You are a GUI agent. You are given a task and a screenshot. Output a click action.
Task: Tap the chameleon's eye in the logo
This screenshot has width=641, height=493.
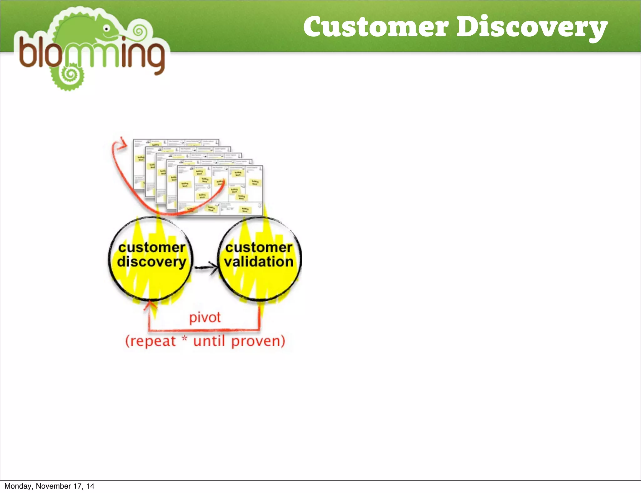pyautogui.click(x=107, y=29)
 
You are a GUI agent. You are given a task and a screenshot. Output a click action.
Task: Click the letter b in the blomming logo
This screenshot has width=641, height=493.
pyautogui.click(x=28, y=52)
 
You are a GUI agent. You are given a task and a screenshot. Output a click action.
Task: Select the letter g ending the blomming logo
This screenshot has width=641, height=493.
pyautogui.click(x=153, y=58)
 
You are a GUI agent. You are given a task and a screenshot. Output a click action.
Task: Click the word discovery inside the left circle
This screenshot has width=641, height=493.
pyautogui.click(x=151, y=262)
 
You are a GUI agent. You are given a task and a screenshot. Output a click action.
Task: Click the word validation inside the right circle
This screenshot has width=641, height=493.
pyautogui.click(x=259, y=262)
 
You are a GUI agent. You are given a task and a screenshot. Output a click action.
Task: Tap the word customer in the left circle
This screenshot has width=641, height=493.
pyautogui.click(x=152, y=247)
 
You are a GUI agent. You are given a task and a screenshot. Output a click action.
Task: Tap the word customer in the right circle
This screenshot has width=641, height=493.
pyautogui.click(x=259, y=247)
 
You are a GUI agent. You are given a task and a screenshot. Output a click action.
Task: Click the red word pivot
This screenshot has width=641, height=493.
pyautogui.click(x=205, y=318)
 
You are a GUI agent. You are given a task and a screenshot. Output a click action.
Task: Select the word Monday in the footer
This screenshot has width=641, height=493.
pyautogui.click(x=18, y=486)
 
